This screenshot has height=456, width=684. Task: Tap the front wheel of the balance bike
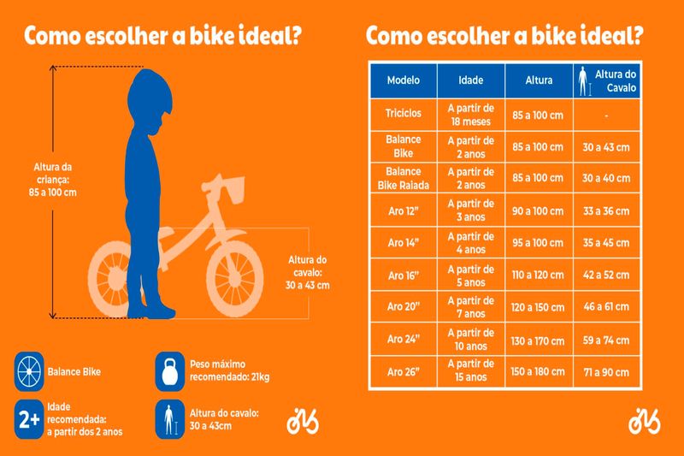click(232, 275)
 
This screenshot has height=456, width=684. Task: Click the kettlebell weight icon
click(168, 371)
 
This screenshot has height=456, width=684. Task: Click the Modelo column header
click(403, 80)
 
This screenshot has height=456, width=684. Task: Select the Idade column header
click(471, 80)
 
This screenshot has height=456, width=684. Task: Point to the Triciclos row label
click(403, 113)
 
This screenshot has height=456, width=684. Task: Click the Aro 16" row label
click(403, 275)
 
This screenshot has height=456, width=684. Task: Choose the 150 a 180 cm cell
click(539, 372)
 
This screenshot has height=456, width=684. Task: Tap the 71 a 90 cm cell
click(606, 372)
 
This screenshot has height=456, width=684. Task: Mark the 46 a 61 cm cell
click(606, 307)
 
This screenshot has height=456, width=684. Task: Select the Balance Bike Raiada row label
click(403, 178)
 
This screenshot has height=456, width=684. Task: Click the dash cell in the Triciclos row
click(606, 113)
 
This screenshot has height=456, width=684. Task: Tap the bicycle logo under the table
click(644, 421)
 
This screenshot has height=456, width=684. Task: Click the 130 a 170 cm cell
click(539, 340)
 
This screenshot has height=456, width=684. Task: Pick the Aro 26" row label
click(403, 372)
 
